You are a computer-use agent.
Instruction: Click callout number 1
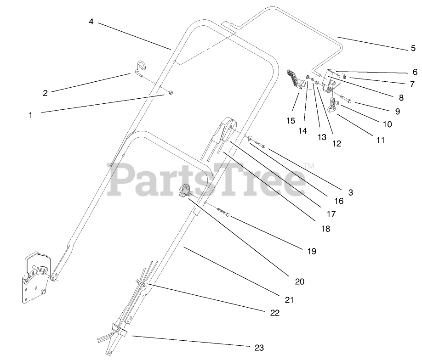(31, 115)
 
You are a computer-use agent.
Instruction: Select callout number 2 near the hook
(45, 93)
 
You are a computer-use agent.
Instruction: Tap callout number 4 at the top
(91, 22)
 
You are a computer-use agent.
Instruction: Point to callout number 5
(413, 49)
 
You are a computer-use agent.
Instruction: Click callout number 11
(380, 140)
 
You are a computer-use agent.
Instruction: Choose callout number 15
(291, 121)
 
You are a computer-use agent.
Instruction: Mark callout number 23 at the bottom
(259, 348)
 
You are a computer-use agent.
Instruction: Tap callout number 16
(339, 201)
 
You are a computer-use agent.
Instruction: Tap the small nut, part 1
(170, 93)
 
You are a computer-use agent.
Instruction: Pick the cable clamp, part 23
(119, 330)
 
